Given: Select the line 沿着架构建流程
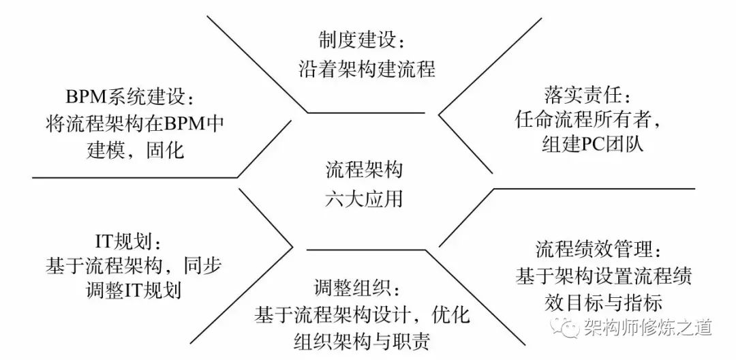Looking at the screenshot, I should (x=367, y=68).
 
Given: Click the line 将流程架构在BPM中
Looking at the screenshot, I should (x=129, y=123).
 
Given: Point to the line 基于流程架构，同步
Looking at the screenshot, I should (x=133, y=266).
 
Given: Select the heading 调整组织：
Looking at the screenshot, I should (x=352, y=289).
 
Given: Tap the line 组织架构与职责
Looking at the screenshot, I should (x=362, y=342).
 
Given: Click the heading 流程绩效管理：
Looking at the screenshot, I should (x=598, y=248).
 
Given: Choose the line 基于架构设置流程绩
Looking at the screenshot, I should (x=604, y=275).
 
